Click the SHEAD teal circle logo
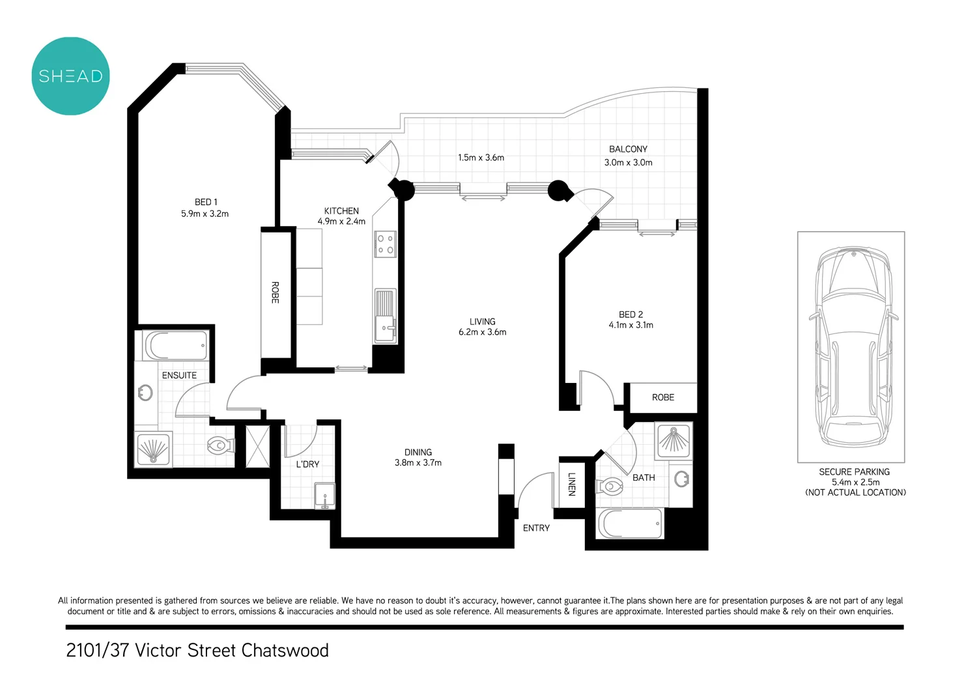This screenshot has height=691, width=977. [70, 76]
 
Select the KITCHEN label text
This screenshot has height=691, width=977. [341, 211]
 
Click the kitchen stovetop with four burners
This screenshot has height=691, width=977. [385, 244]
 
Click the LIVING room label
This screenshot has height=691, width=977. [482, 322]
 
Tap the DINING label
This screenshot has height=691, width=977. [418, 452]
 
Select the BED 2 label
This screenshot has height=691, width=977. [630, 315]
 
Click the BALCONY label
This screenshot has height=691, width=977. [628, 149]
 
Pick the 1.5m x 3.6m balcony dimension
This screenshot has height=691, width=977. [481, 158]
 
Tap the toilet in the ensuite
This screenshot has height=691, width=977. [219, 446]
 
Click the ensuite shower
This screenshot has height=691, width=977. [153, 449]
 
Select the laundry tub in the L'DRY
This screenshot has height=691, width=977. [324, 496]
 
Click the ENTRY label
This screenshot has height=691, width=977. [536, 528]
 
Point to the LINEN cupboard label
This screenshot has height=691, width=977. [571, 485]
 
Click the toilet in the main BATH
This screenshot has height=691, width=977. [612, 486]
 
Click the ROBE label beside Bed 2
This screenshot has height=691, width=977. [663, 397]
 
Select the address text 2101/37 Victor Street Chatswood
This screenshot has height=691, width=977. [197, 651]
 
